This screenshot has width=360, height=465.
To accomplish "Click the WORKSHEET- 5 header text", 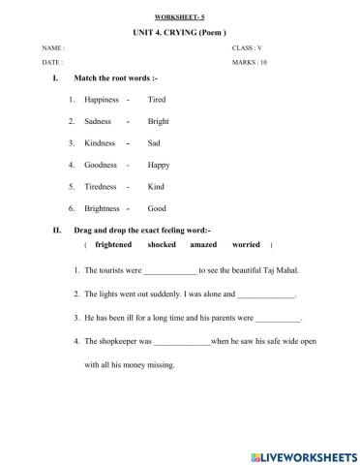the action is pos(179,17).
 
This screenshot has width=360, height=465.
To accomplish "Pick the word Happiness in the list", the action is pos(101,99).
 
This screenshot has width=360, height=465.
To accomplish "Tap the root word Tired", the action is pos(157,99).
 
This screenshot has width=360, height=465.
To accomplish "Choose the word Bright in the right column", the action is pos(158,121).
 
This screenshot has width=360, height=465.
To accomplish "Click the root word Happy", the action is pos(158,164).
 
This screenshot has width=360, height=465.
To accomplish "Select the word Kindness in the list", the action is pos(100,142).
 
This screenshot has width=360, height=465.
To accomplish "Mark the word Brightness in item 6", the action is pos(103,207).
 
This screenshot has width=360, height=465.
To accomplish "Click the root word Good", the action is pos(157,207).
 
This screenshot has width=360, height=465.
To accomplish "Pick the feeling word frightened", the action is pos(102,245).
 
